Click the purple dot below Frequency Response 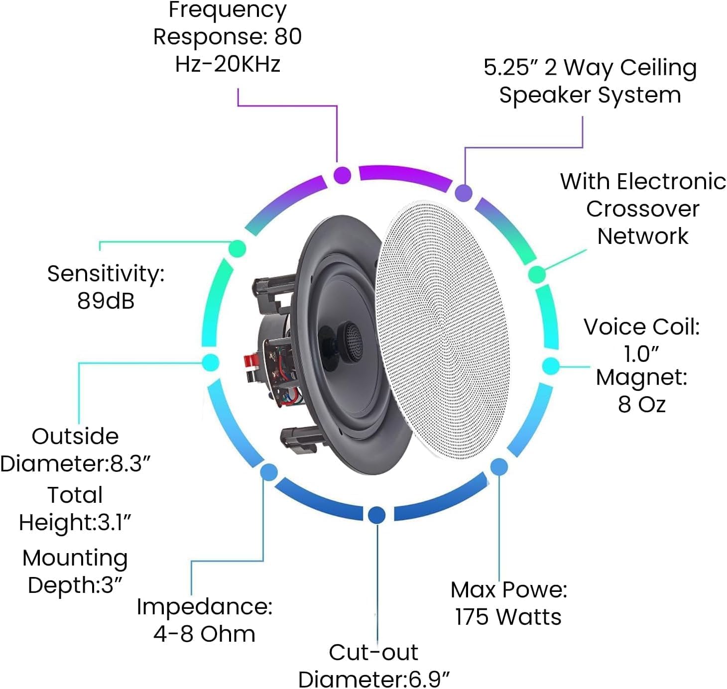point(342,175)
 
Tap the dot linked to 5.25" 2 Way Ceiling point(464,193)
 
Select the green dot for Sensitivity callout point(238,248)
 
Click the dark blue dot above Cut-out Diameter point(377,514)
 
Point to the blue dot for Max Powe point(499,467)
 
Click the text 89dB point(106,301)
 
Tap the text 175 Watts point(508,617)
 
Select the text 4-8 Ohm point(204,634)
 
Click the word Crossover point(642,209)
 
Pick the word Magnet point(641,377)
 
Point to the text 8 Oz point(641,404)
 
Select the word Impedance point(204,607)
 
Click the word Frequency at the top point(228,10)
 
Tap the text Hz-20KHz point(228,64)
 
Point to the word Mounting point(75,558)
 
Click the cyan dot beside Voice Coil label point(550,366)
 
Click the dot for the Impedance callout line point(269,472)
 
